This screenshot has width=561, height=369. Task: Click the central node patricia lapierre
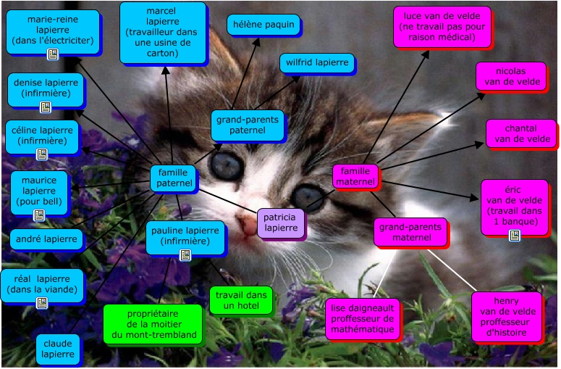tap(281, 223)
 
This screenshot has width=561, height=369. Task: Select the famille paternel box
tap(173, 178)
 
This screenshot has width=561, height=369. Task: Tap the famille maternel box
tap(355, 176)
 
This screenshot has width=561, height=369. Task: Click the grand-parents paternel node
tap(248, 125)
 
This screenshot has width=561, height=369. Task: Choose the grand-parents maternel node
tap(410, 232)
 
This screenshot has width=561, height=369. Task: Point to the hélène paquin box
tap(263, 25)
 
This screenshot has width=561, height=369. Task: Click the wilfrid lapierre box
tap(316, 63)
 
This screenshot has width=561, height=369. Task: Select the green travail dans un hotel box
tap(241, 300)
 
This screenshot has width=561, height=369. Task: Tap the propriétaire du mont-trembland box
tap(152, 324)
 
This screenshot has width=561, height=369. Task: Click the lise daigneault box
tap(362, 318)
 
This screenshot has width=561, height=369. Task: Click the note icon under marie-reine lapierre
tap(52, 54)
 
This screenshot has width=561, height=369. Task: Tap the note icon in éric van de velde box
tap(515, 235)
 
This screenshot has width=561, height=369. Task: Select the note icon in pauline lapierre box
tap(185, 254)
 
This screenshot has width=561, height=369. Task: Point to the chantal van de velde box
tap(520, 133)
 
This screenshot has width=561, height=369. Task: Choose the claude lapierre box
tap(58, 349)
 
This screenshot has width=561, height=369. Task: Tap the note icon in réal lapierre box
tap(42, 303)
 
